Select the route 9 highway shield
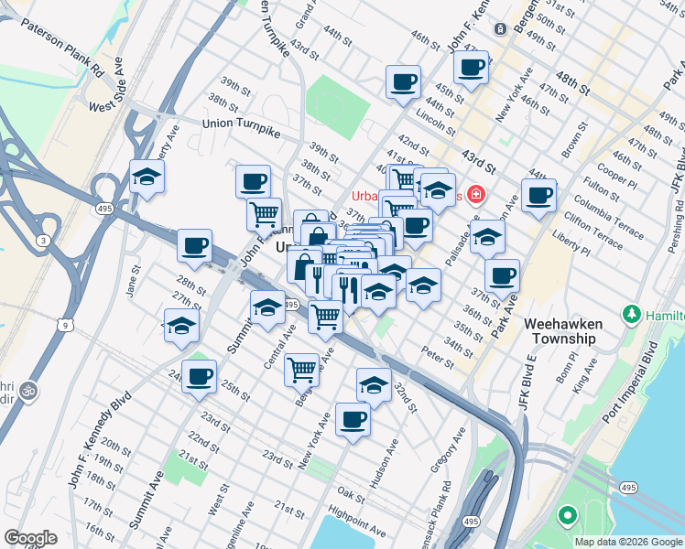click(x=64, y=323)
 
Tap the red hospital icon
click(x=475, y=194)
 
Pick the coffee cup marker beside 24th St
click(x=199, y=376)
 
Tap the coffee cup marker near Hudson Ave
click(x=353, y=418)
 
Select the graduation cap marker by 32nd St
click(x=374, y=384)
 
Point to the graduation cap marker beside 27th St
click(x=181, y=324)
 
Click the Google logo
click(x=31, y=538)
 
